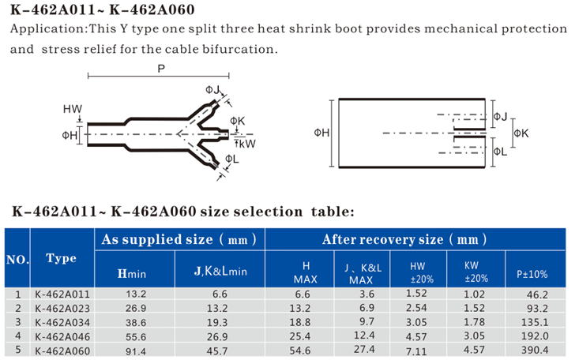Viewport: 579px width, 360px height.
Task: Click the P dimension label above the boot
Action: coord(161,69)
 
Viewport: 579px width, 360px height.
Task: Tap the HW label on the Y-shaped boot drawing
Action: coord(73,109)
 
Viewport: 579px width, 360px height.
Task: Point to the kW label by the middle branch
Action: coord(247,144)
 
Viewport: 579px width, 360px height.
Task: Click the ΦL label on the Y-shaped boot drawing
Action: coord(232,159)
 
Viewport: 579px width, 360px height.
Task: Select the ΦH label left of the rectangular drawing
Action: coord(321,133)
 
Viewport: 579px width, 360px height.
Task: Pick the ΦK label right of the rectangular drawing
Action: coord(521,133)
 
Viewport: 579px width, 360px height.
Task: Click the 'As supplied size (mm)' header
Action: coord(179,239)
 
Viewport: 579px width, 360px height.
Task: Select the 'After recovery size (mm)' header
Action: coord(404,239)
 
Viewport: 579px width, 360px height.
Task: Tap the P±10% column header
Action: coord(532,274)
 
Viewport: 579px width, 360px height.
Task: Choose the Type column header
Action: coord(62,257)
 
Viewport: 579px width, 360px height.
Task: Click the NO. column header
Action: coord(17,260)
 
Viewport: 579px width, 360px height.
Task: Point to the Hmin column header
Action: coord(132,273)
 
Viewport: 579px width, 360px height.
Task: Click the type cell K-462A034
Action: coord(62,322)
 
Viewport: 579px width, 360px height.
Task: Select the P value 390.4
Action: coord(535,350)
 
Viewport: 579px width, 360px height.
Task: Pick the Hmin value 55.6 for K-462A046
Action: coord(136,337)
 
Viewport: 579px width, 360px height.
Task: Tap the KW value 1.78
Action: coord(474,322)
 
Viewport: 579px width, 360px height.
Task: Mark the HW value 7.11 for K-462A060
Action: coord(416,351)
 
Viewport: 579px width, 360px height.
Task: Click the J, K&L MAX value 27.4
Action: coord(364,349)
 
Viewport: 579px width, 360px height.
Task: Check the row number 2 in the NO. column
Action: coord(17,308)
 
